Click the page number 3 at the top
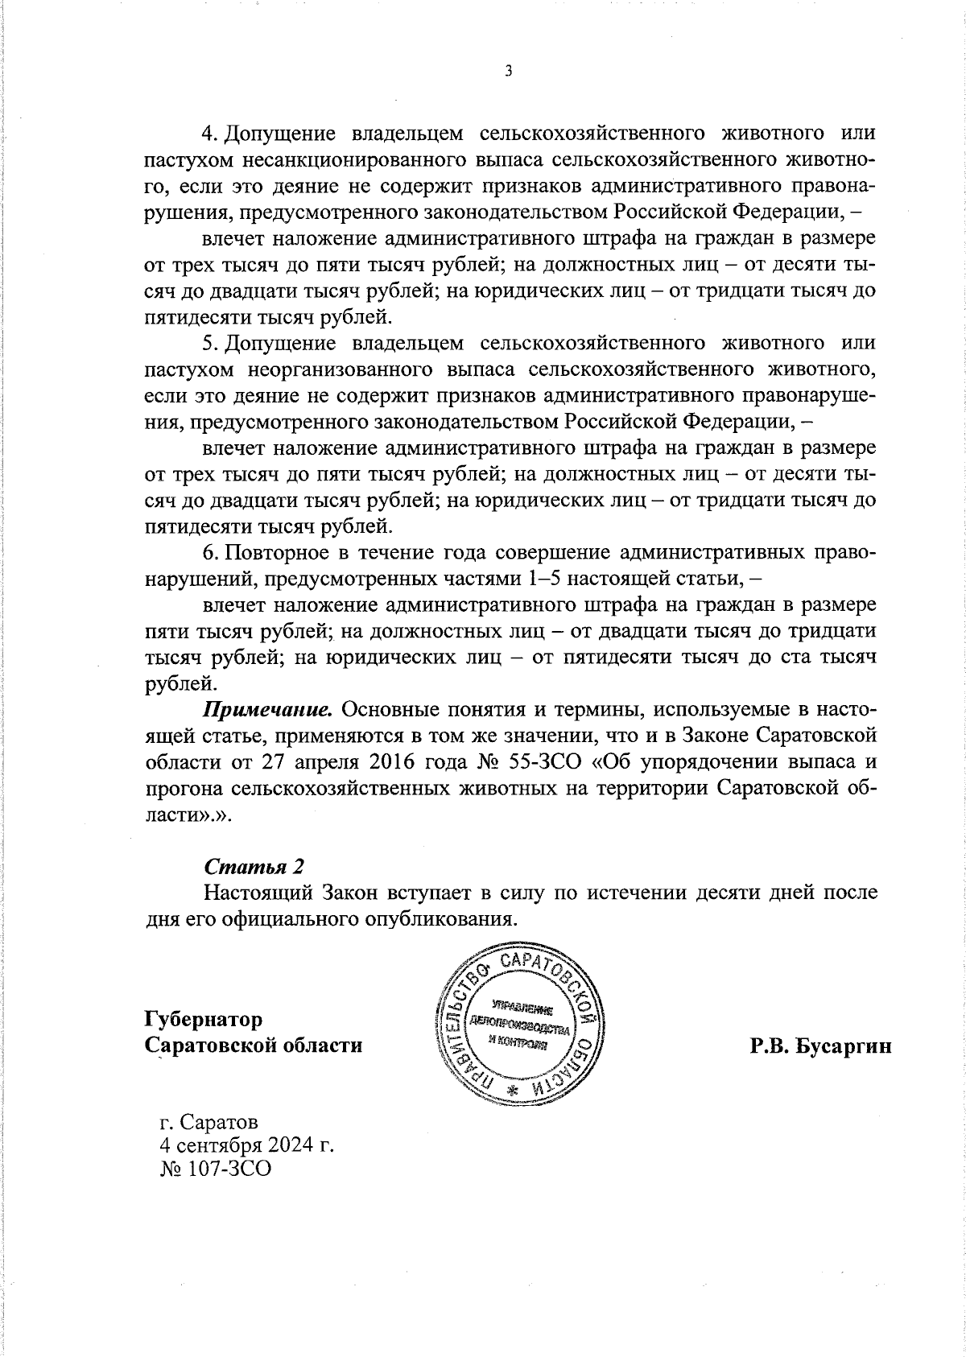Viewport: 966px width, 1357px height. (x=508, y=71)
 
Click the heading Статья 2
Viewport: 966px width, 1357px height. (x=254, y=867)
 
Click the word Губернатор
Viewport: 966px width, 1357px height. (x=204, y=1019)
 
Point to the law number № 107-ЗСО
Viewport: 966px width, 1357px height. (x=216, y=1168)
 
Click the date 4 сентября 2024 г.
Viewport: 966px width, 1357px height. (x=247, y=1144)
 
